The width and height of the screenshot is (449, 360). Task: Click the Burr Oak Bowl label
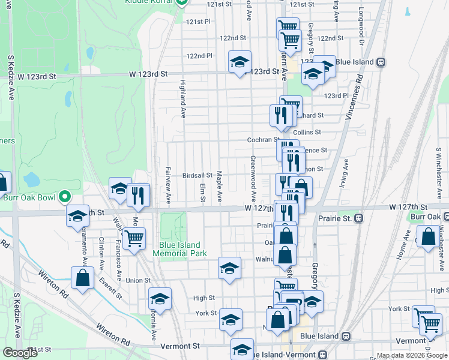(x=27, y=197)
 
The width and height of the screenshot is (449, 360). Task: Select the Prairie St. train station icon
(x=358, y=218)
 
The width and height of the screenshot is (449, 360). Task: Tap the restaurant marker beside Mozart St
(x=139, y=196)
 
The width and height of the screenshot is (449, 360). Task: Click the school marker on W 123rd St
(x=240, y=62)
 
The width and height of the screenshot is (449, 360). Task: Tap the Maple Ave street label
(x=220, y=185)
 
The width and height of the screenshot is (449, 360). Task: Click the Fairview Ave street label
(x=169, y=184)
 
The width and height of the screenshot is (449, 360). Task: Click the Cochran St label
(x=260, y=140)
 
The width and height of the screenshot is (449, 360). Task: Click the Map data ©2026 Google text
(x=411, y=355)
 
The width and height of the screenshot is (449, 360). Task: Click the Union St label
(x=138, y=280)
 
